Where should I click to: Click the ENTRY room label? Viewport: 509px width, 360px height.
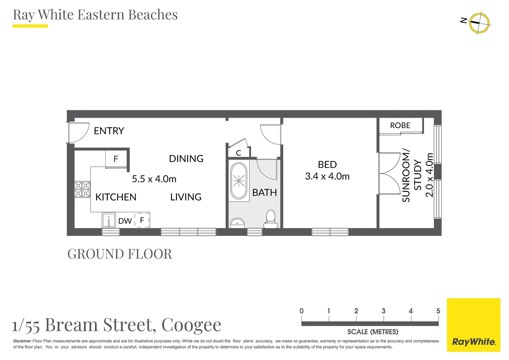[109, 131]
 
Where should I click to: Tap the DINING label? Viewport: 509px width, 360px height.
[186, 159]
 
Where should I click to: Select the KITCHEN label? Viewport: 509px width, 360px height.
[116, 197]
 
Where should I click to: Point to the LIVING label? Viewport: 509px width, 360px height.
[186, 197]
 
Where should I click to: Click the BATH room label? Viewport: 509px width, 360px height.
[264, 193]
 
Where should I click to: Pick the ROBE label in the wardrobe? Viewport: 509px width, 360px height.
[400, 125]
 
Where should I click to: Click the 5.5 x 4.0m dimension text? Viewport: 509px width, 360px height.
[154, 179]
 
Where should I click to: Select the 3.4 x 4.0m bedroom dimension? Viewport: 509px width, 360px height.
[327, 176]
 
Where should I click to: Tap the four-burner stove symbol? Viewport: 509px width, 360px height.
[82, 189]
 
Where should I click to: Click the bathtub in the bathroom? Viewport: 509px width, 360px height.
[239, 181]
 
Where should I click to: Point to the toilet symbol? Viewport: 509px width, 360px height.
[270, 219]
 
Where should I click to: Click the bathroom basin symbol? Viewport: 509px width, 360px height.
[237, 222]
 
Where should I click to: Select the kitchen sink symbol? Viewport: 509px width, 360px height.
[109, 220]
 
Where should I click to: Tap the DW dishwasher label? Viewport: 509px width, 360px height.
[125, 221]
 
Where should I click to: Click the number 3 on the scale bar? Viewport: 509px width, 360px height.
[383, 311]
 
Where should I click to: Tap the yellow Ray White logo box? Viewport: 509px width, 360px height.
[473, 325]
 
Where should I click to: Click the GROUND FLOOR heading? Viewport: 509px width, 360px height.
[120, 254]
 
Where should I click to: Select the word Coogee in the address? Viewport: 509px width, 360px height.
[191, 325]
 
